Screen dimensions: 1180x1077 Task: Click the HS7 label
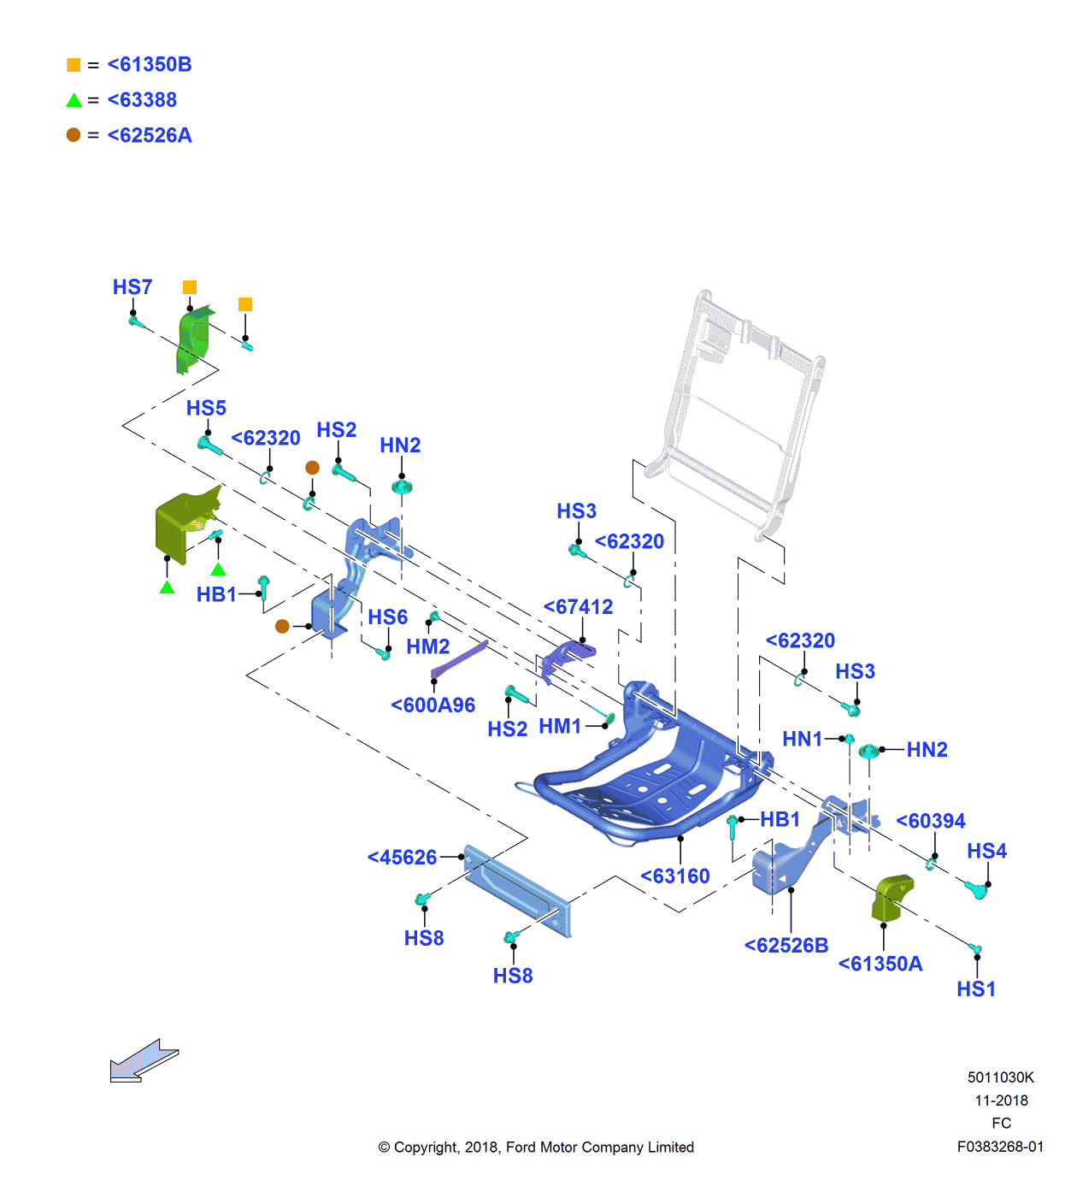click(132, 287)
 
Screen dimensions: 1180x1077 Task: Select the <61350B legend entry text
click(150, 65)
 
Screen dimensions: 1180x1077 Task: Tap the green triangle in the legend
click(74, 100)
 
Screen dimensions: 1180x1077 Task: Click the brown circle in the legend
click(74, 135)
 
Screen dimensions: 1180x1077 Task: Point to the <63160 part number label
click(675, 876)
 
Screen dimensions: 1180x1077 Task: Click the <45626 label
click(402, 858)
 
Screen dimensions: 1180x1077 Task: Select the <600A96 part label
click(433, 705)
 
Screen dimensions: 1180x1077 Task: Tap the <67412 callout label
click(579, 607)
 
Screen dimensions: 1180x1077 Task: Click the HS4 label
click(986, 852)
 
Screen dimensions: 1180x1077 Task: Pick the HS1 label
click(976, 989)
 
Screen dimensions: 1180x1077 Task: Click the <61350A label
click(880, 965)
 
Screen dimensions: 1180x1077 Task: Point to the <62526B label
click(786, 946)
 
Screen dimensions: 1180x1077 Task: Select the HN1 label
click(802, 740)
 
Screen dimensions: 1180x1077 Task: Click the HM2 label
click(427, 647)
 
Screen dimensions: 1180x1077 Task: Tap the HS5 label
click(206, 409)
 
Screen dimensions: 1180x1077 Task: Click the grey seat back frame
click(735, 410)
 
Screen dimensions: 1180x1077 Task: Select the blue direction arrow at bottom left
click(143, 1061)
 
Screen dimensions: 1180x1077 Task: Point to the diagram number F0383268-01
click(1000, 1147)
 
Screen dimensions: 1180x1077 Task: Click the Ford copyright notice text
click(536, 1148)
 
